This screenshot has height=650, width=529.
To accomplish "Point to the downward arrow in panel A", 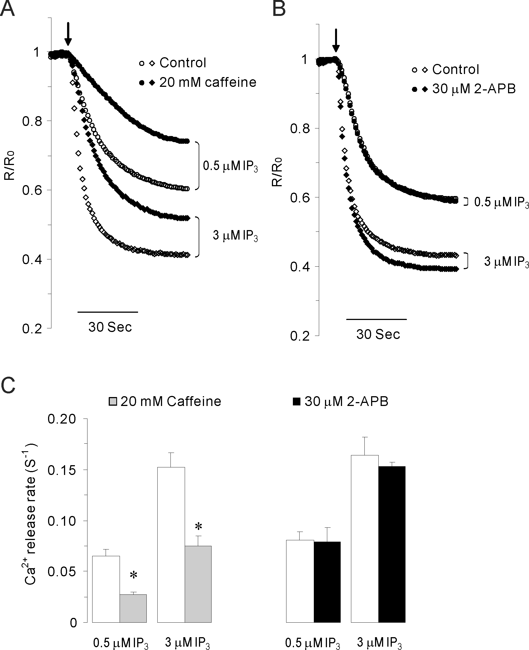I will pyautogui.click(x=68, y=34).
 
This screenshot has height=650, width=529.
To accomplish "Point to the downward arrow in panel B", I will pyautogui.click(x=336, y=40).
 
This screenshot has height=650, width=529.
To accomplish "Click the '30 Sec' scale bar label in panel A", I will pyautogui.click(x=110, y=327).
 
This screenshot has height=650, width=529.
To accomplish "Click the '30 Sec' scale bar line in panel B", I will pyautogui.click(x=377, y=319).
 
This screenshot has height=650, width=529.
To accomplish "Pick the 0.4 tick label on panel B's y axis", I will pyautogui.click(x=299, y=267).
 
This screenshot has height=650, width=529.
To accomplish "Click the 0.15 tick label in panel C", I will pyautogui.click(x=61, y=470).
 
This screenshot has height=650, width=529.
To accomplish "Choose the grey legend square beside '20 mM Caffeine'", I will pyautogui.click(x=113, y=402).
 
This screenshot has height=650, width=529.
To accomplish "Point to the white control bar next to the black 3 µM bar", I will pyautogui.click(x=365, y=539).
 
